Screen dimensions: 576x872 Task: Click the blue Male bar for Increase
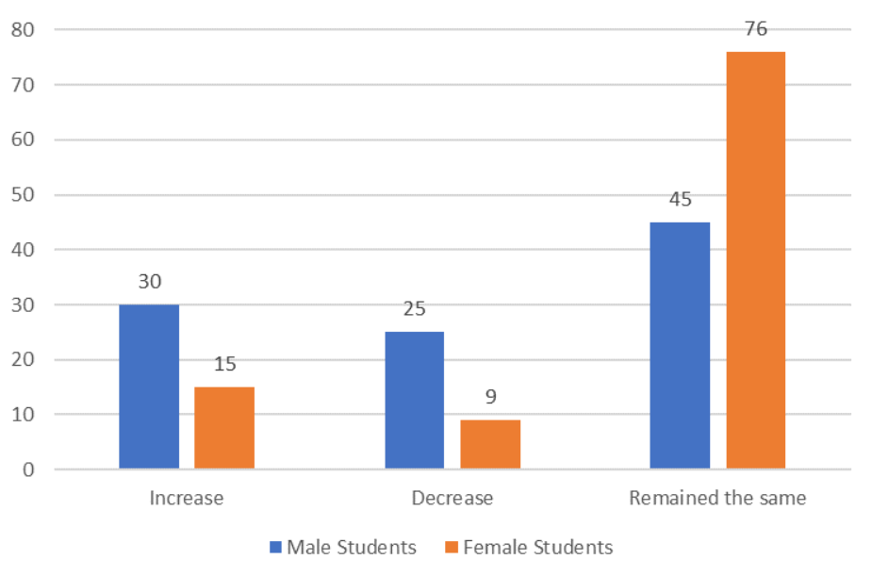point(149,387)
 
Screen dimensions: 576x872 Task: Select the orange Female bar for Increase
point(224,428)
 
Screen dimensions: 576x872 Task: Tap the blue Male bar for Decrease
point(415,401)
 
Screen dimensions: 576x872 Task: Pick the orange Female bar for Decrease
point(490,444)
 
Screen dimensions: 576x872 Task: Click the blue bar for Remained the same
point(681,345)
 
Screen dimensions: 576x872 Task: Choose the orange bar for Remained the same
point(755,260)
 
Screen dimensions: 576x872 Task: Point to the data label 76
point(756,29)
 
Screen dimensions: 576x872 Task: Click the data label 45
point(681,200)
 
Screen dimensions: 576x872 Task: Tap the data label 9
point(490,397)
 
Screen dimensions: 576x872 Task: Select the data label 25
point(415,310)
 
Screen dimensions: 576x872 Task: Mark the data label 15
point(224,365)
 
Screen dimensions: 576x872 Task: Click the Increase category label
point(187,498)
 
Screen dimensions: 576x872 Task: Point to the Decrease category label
point(452,498)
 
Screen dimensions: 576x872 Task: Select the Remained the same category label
point(717,498)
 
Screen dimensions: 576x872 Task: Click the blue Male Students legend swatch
point(275,548)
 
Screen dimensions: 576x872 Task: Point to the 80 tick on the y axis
point(23,29)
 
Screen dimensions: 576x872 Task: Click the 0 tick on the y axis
point(28,469)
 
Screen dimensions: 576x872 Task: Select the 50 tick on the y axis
point(23,195)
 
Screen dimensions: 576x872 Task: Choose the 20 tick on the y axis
point(23,360)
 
